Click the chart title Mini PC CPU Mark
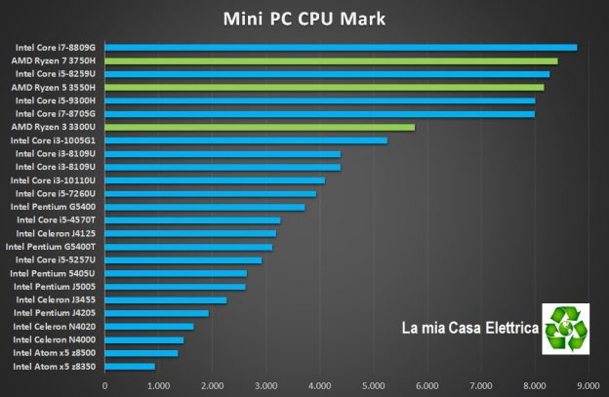click(304, 19)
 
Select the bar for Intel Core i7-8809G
click(341, 47)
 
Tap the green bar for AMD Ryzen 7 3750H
click(331, 60)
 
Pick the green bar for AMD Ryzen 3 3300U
click(260, 127)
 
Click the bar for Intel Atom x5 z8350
click(130, 366)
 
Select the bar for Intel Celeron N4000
click(144, 339)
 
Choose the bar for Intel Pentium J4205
click(157, 313)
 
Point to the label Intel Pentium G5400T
click(52, 247)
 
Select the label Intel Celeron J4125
click(57, 233)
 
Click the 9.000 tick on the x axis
click(588, 384)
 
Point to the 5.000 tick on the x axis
click(373, 384)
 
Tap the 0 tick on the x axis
click(104, 384)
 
